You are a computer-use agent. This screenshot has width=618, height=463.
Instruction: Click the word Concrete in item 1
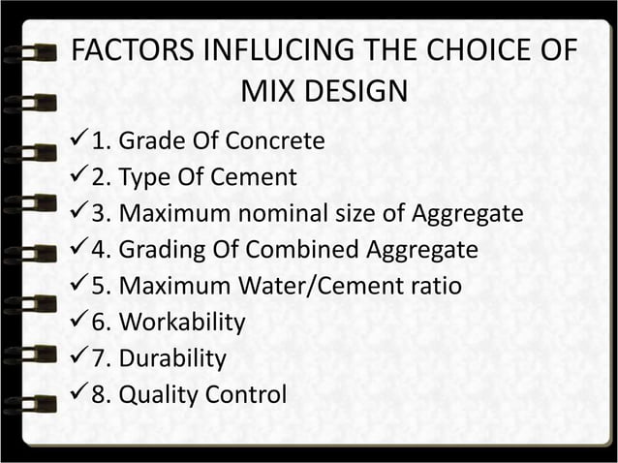(275, 141)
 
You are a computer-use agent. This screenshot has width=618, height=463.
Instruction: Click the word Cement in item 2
(255, 177)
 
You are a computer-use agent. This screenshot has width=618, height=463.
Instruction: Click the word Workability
(182, 323)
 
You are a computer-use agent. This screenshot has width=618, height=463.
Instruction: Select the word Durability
(172, 358)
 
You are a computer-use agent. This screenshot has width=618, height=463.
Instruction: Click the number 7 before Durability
(97, 358)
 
